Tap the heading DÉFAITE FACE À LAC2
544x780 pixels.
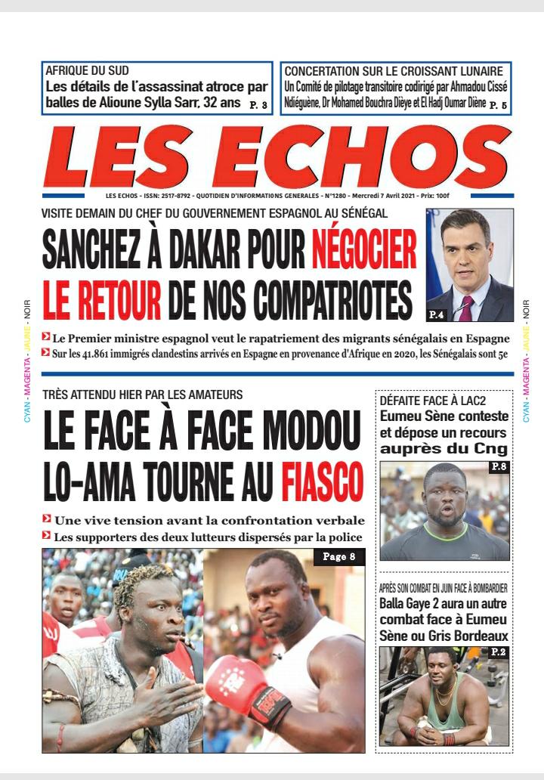click(x=422, y=401)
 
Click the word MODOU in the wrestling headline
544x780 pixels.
click(x=303, y=434)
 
